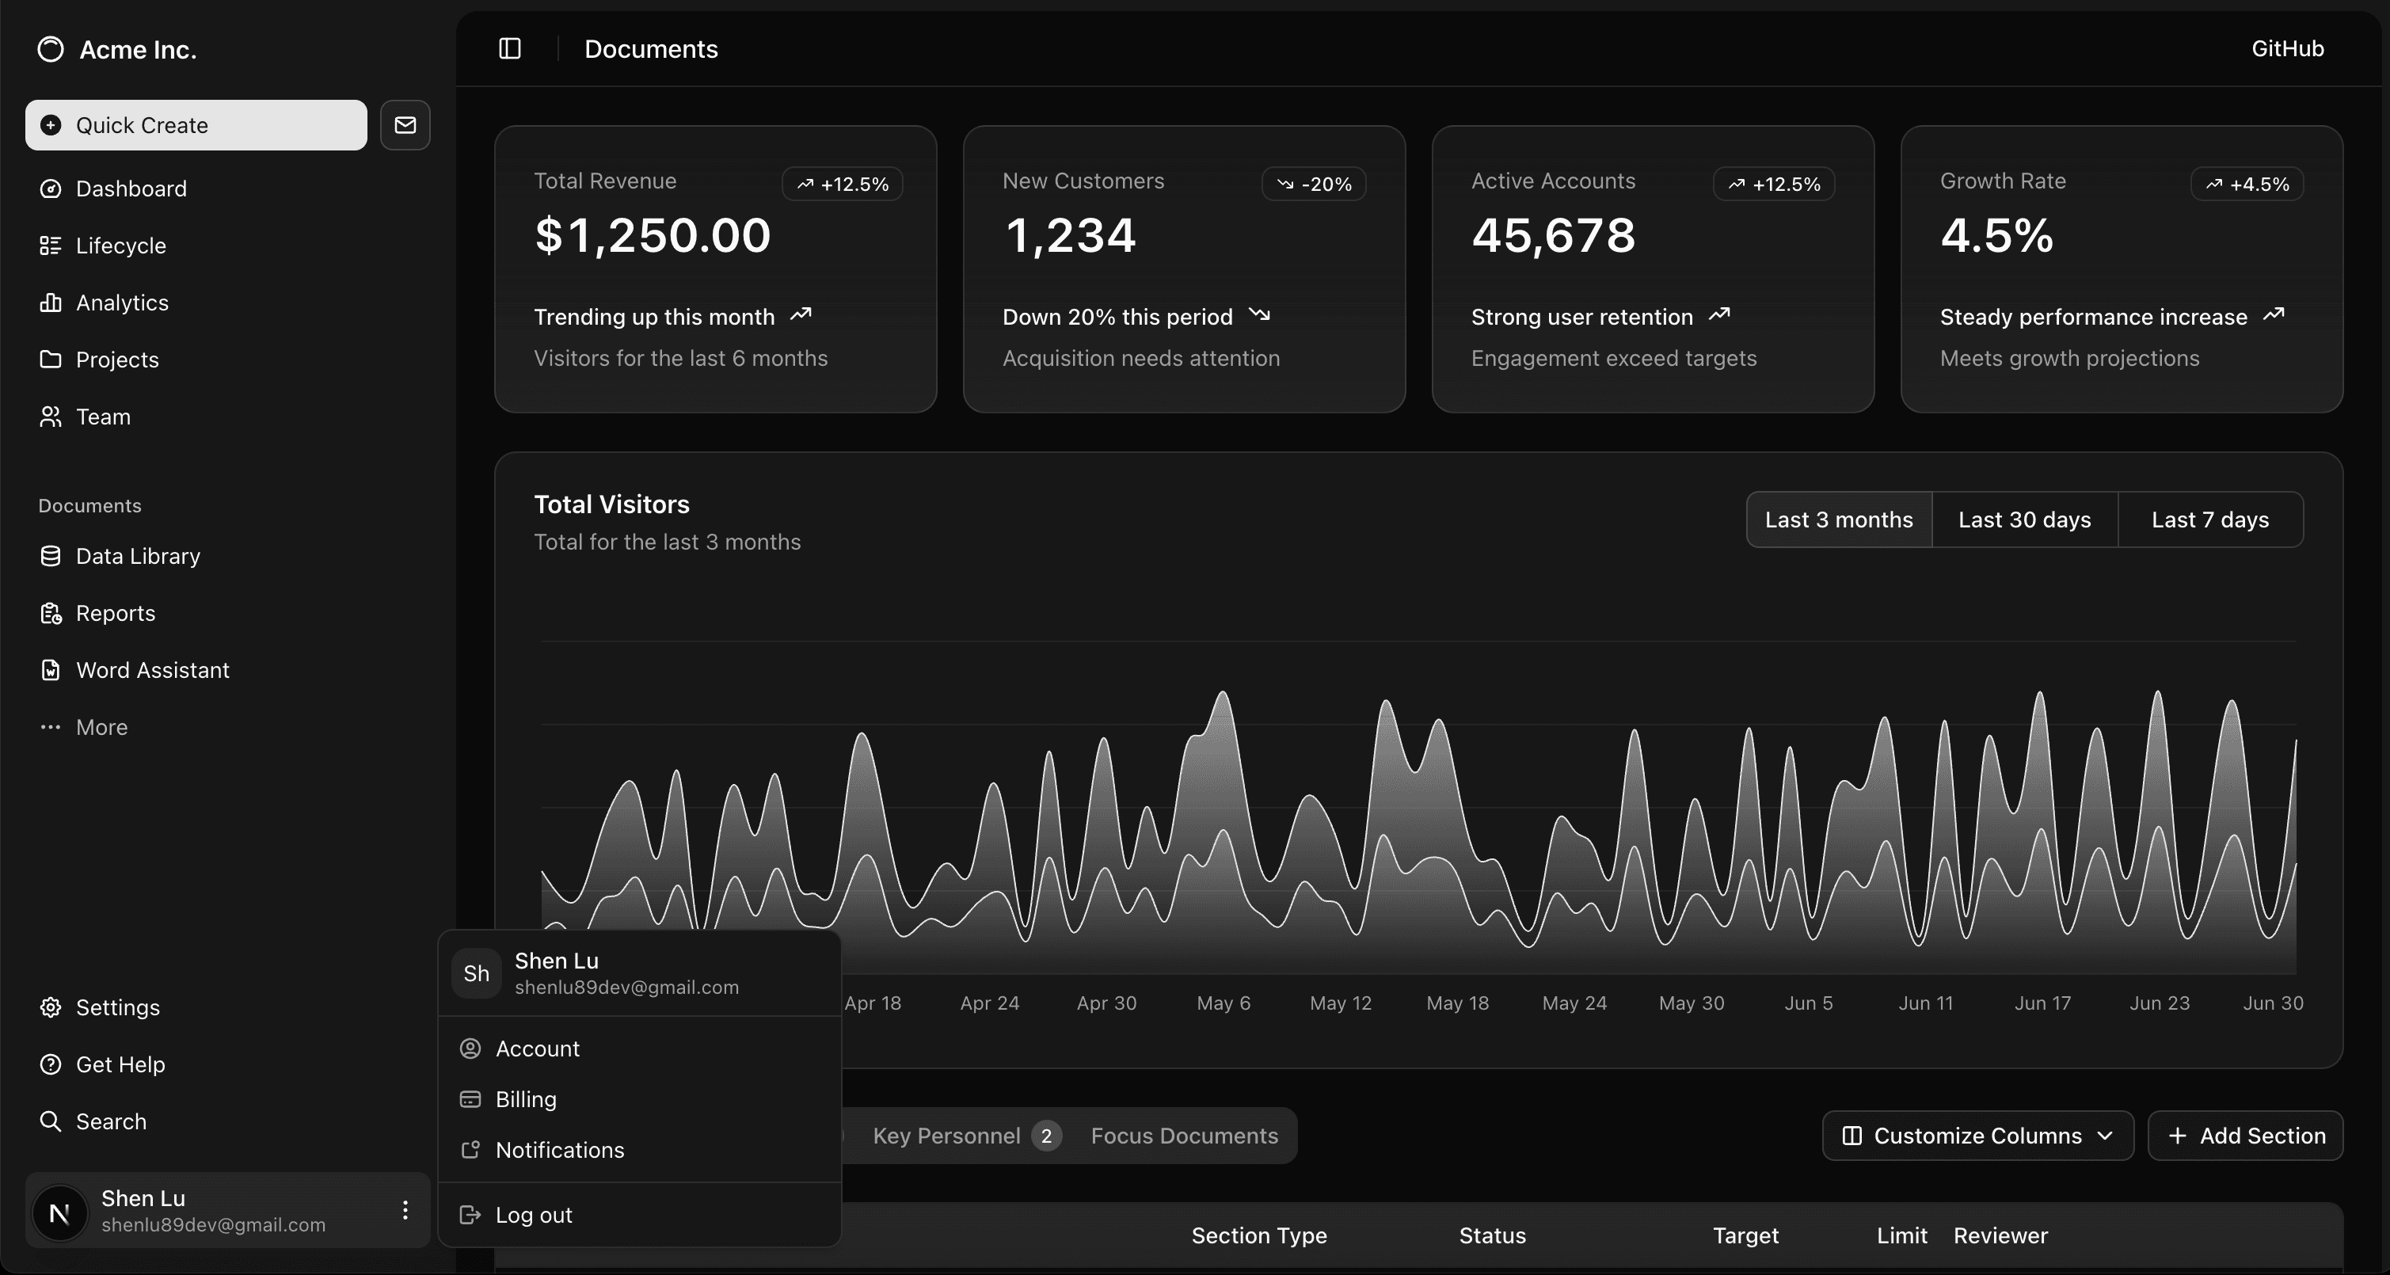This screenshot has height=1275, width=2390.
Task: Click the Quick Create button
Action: (196, 125)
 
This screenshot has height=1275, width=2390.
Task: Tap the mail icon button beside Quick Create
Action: (405, 125)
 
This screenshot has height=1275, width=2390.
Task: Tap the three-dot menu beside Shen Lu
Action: (405, 1210)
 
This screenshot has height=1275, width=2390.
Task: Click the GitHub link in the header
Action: (2287, 48)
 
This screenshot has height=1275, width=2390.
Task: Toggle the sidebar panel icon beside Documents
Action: (510, 48)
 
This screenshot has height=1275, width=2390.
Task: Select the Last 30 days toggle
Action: (2024, 520)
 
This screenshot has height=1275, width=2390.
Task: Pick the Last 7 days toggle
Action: (2210, 520)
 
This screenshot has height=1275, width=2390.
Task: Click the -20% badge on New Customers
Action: (1314, 184)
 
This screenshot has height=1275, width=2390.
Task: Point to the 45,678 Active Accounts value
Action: (1553, 234)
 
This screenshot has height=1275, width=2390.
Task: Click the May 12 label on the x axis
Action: (1341, 1003)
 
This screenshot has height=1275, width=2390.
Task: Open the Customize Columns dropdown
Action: (1978, 1136)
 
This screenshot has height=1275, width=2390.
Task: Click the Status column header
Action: (1492, 1235)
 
